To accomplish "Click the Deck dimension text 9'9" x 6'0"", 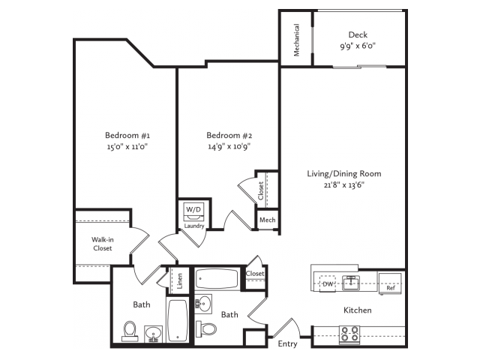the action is [358, 46].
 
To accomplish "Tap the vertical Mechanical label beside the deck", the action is [296, 40].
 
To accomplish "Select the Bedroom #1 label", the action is [127, 135].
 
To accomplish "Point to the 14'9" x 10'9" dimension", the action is [229, 146].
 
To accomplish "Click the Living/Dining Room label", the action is [344, 174].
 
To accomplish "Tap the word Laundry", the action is [194, 226].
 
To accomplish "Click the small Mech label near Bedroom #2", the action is [267, 220].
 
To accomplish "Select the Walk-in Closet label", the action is [103, 244].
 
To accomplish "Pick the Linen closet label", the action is [180, 281].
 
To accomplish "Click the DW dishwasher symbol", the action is [328, 283].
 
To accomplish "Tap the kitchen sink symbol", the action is [351, 283].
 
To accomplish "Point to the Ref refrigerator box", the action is [390, 283].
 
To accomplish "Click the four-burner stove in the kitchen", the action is [350, 334].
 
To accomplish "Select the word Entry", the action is [287, 344].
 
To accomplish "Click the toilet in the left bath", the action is [130, 331].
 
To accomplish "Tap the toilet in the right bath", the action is [206, 328].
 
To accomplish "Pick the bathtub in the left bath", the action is [178, 320].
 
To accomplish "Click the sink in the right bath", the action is [203, 304].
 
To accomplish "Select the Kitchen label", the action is [358, 310].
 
